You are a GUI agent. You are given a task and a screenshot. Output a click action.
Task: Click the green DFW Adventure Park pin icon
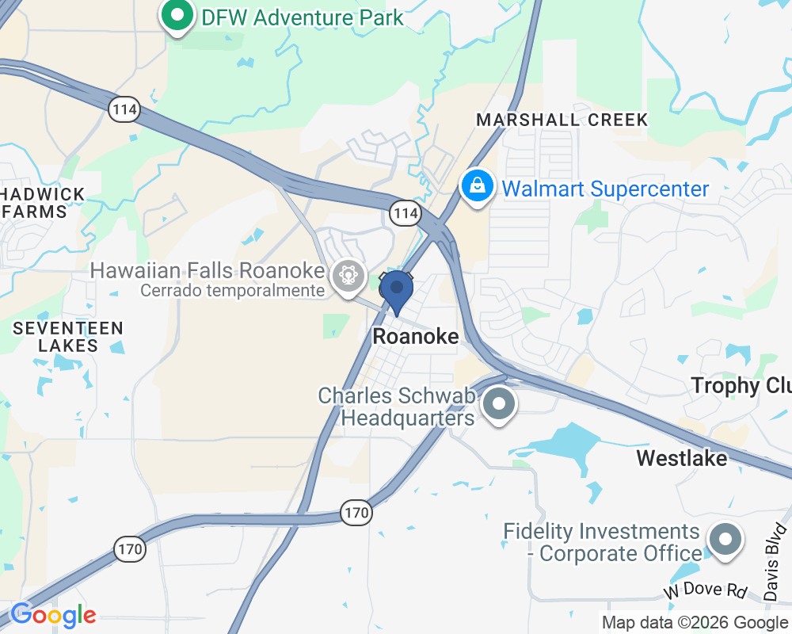pos(179,16)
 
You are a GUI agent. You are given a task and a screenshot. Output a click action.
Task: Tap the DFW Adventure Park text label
pos(303,17)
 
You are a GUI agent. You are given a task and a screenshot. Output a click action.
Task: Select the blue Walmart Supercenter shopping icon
pos(478,189)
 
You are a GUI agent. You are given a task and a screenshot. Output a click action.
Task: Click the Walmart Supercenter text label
pos(606,189)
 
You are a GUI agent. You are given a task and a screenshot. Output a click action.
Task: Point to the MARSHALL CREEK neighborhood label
pos(562,120)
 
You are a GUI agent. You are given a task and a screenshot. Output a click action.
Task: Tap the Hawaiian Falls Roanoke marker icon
pos(348,276)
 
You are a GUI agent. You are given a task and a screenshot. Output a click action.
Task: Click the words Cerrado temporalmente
pos(232,290)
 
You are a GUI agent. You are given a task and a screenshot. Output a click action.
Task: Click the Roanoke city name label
pos(416,337)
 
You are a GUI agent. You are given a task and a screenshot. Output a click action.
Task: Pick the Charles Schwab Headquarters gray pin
pos(499,405)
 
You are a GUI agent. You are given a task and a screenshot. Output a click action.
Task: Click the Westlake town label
pos(682,458)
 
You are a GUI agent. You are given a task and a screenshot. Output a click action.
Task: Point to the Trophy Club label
pos(741,386)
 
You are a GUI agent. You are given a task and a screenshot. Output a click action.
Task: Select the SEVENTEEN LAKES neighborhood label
pos(68,337)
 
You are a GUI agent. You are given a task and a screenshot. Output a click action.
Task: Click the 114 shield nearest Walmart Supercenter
pos(405,212)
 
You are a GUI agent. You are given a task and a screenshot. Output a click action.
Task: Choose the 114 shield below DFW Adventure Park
pos(124,109)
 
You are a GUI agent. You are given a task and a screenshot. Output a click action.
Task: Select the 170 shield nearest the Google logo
pos(129,548)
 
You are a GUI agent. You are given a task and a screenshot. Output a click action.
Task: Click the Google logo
pos(53,615)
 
